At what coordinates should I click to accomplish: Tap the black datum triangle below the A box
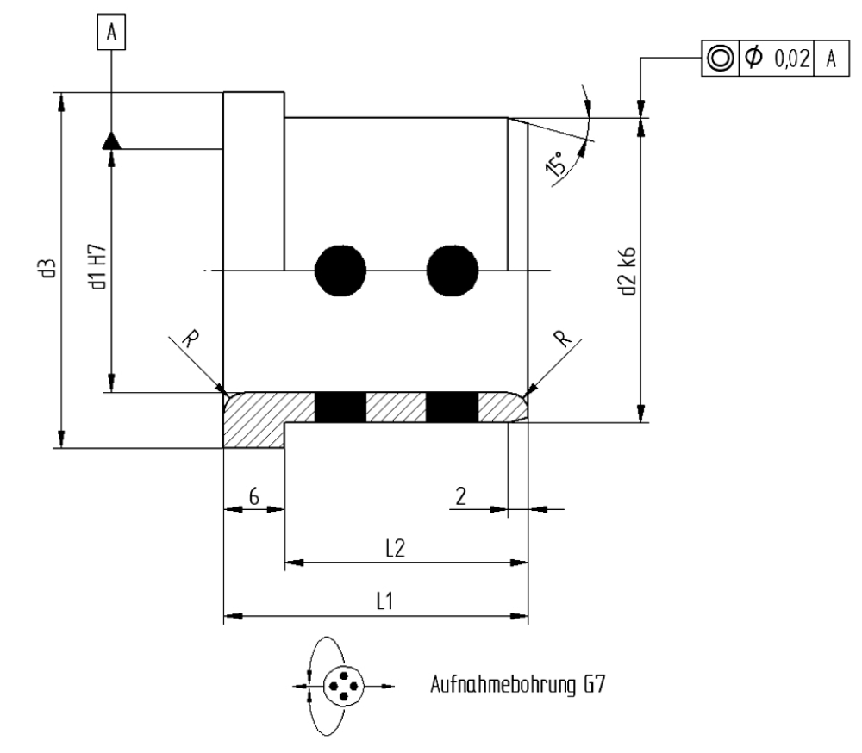(x=111, y=140)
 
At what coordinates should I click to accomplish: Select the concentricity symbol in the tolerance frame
(x=719, y=58)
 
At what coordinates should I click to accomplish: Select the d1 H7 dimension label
(x=102, y=267)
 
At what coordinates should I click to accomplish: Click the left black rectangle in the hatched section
(x=340, y=407)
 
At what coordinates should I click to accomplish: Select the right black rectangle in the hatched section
(x=452, y=407)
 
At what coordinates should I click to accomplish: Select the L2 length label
(x=395, y=549)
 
